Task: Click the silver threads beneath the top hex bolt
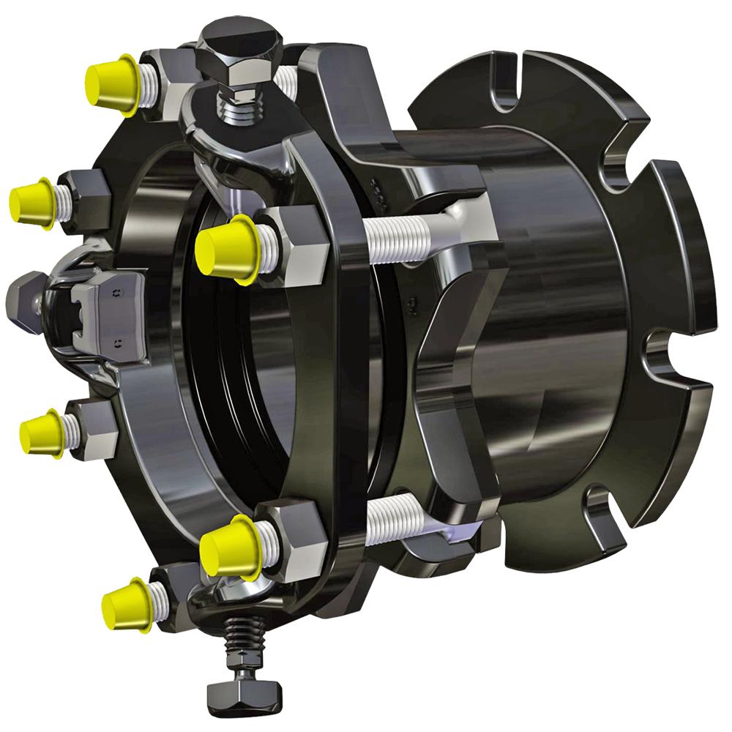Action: (x=238, y=110)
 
